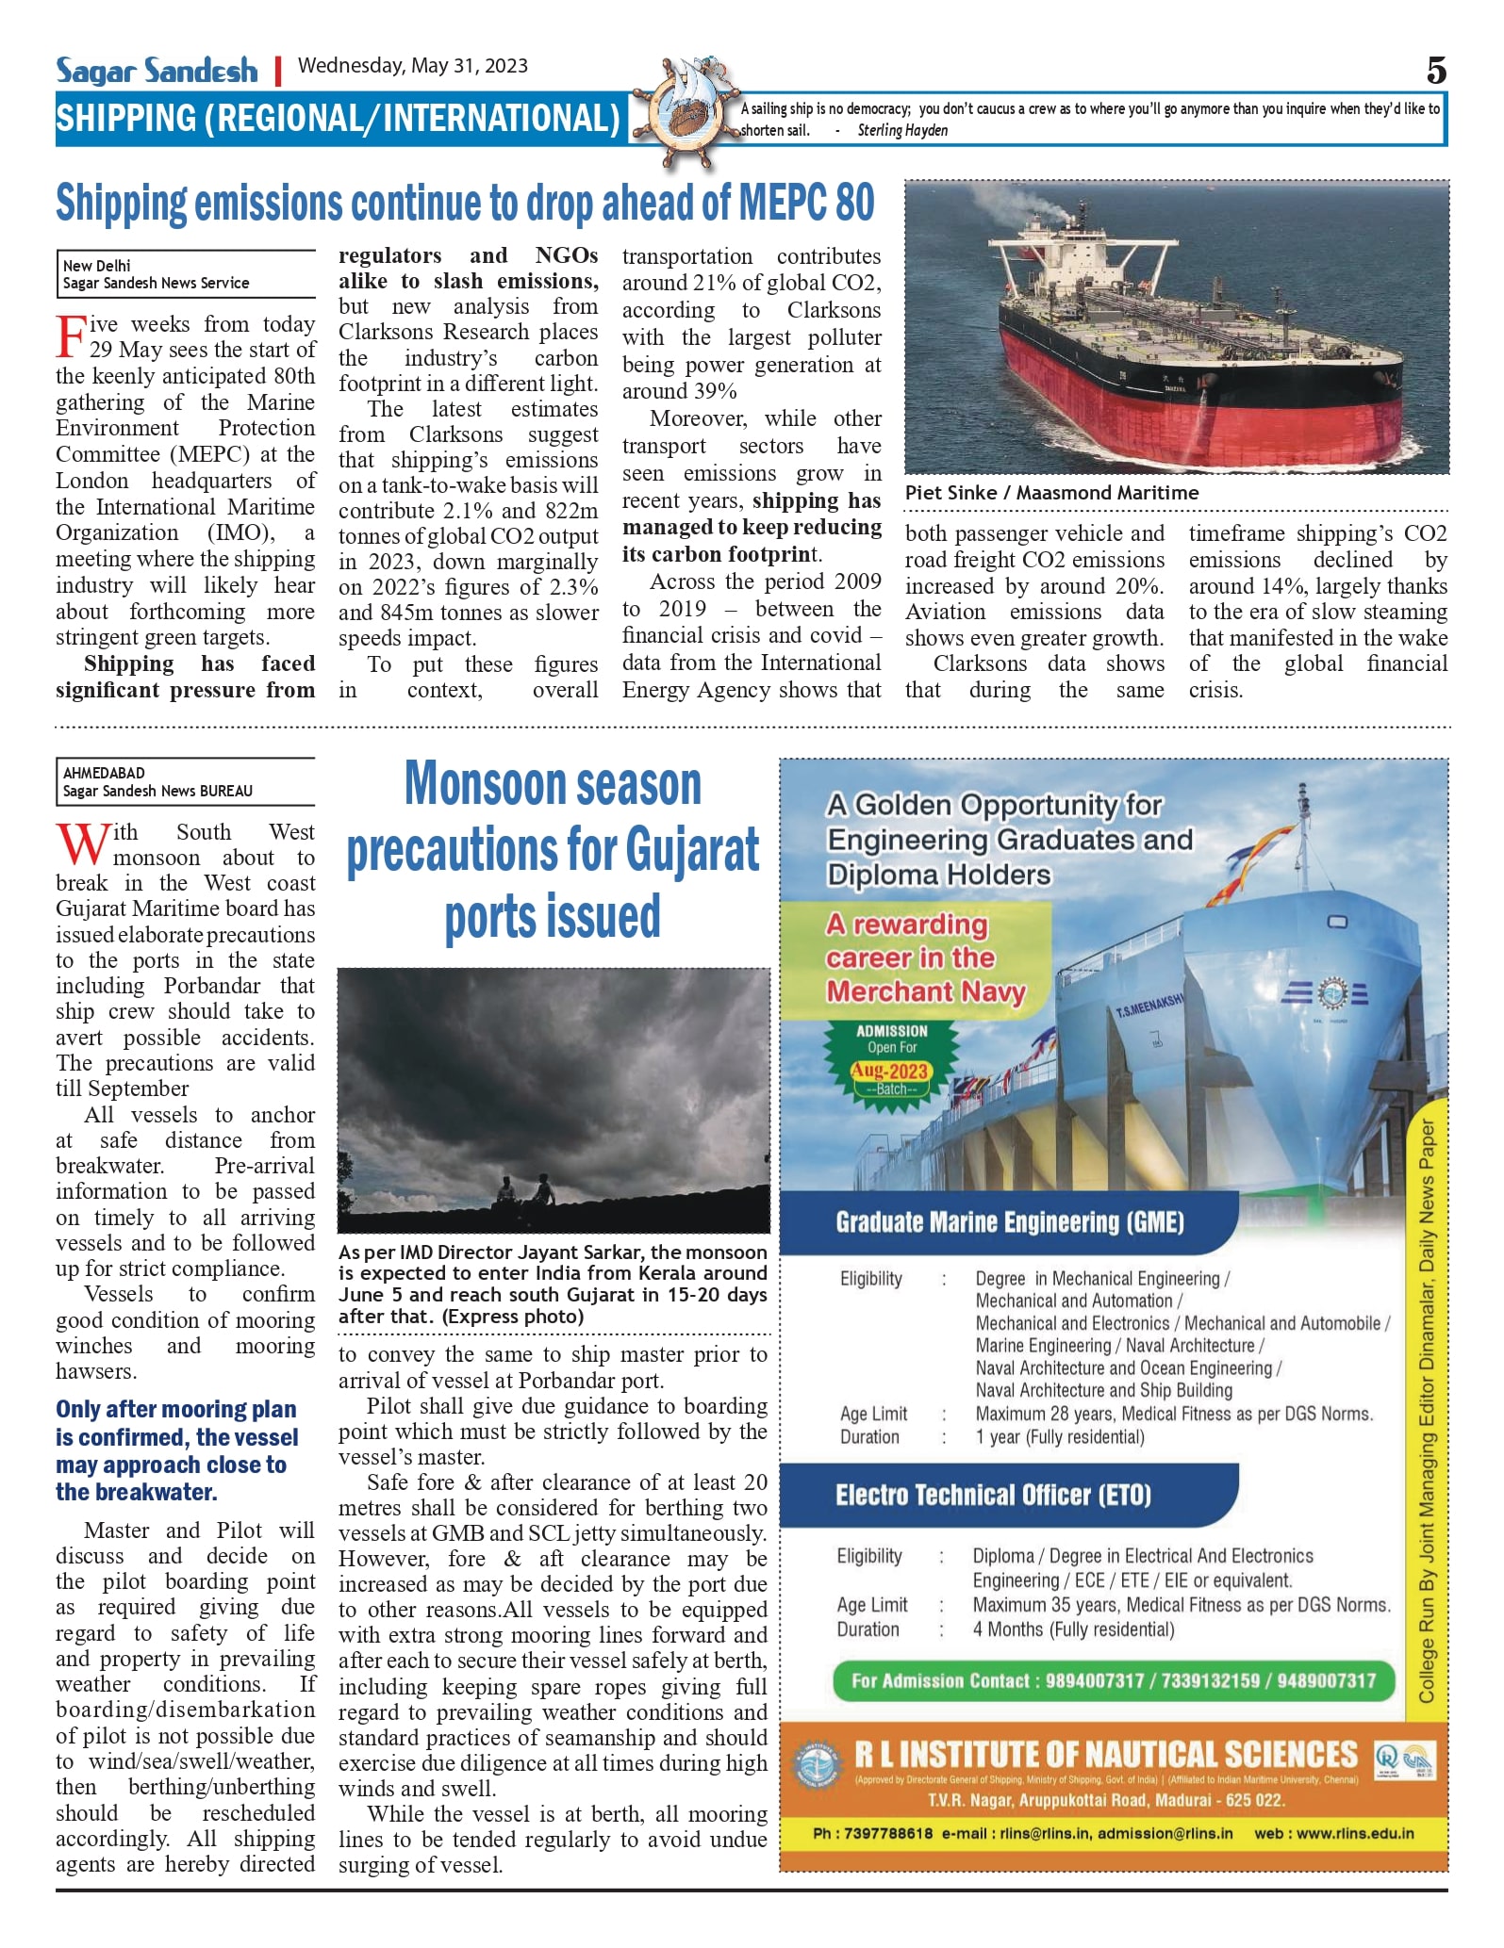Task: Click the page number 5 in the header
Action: (x=1435, y=71)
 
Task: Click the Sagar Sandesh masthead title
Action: (x=157, y=71)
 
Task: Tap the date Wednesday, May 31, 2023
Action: (x=412, y=66)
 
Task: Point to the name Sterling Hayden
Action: (x=902, y=131)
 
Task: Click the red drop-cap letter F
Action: (x=71, y=337)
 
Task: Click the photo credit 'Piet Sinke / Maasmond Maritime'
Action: (x=1051, y=493)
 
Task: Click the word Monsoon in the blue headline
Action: (x=553, y=784)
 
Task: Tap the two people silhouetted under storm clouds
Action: (x=525, y=1189)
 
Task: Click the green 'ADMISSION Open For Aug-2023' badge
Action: (x=891, y=1060)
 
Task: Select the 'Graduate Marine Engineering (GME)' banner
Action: (x=1009, y=1222)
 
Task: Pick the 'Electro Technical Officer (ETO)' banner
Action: (x=993, y=1495)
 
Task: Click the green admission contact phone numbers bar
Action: (x=1113, y=1680)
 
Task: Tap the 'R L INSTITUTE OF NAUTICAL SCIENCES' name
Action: (x=1105, y=1755)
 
